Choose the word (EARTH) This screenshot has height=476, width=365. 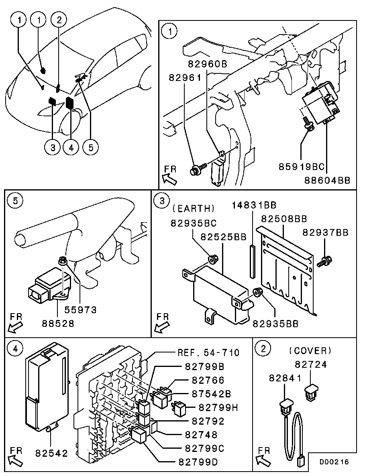[194, 209]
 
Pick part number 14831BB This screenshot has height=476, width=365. [254, 205]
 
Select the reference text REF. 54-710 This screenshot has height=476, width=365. [208, 352]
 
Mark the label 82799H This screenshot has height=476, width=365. [218, 407]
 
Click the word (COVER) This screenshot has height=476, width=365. [310, 351]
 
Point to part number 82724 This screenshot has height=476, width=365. [311, 365]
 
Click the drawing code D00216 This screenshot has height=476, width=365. [334, 462]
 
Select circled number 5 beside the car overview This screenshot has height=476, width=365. [90, 147]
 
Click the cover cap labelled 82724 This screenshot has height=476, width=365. [313, 392]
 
